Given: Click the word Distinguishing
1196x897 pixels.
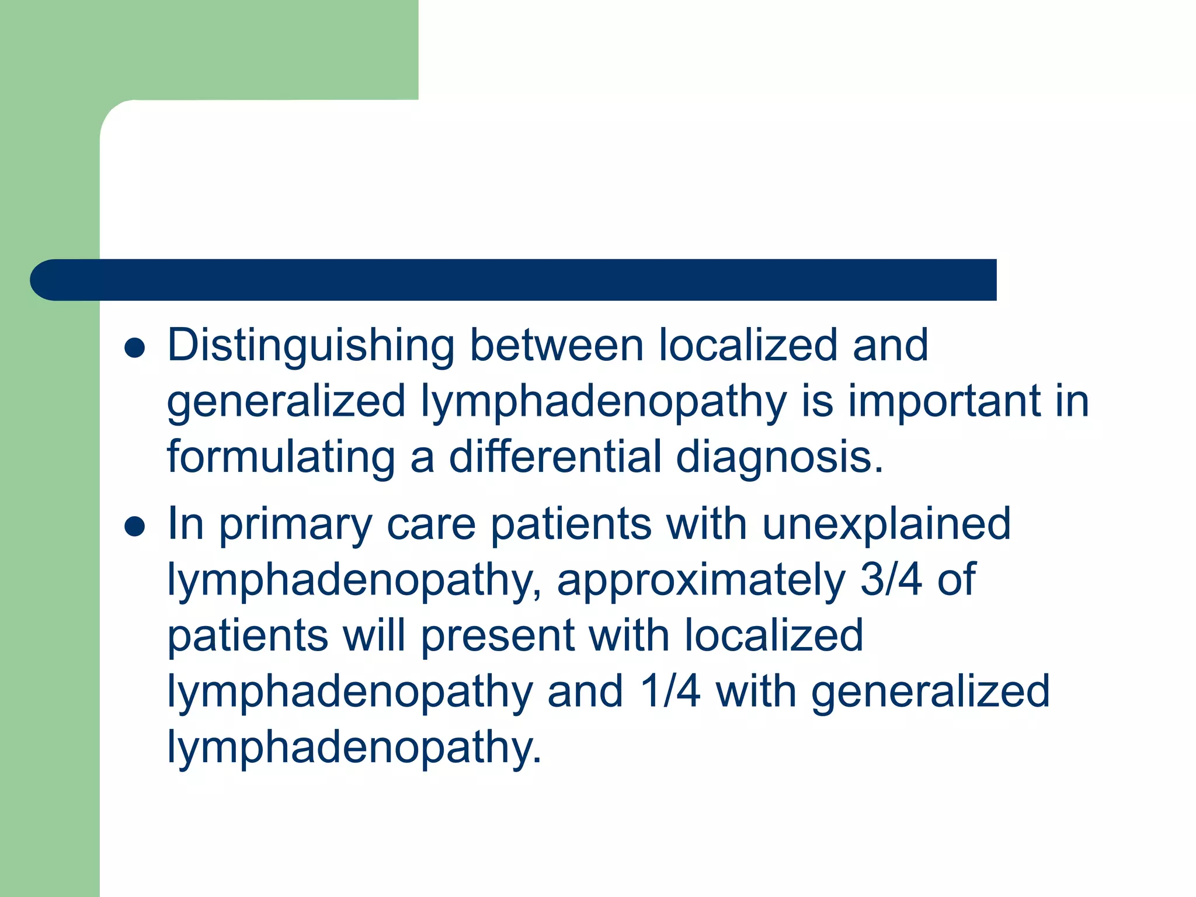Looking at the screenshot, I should (311, 346).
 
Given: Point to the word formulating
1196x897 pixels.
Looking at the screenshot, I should (281, 457).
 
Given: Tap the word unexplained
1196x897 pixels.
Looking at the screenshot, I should (886, 524).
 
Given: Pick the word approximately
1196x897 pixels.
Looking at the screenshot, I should (701, 580).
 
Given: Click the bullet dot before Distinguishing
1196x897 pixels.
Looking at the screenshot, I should (135, 348).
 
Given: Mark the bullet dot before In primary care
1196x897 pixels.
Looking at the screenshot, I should (135, 527).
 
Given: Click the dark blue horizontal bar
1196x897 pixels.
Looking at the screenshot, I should (514, 280).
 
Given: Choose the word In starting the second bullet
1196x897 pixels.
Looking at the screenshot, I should (185, 523).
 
